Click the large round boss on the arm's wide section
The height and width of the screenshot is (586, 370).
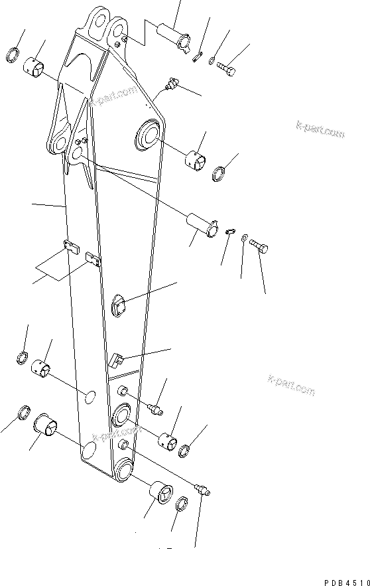pos(148,137)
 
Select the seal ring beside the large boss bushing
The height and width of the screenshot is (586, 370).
pos(219,175)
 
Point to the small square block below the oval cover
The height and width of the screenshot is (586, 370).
pos(115,362)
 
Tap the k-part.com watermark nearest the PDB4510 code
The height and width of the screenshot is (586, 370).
pos(291,385)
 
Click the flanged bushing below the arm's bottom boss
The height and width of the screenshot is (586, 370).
pos(162,494)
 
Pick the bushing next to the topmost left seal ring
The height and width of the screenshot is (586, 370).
pos(33,66)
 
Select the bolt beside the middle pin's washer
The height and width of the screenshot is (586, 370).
pos(259,247)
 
